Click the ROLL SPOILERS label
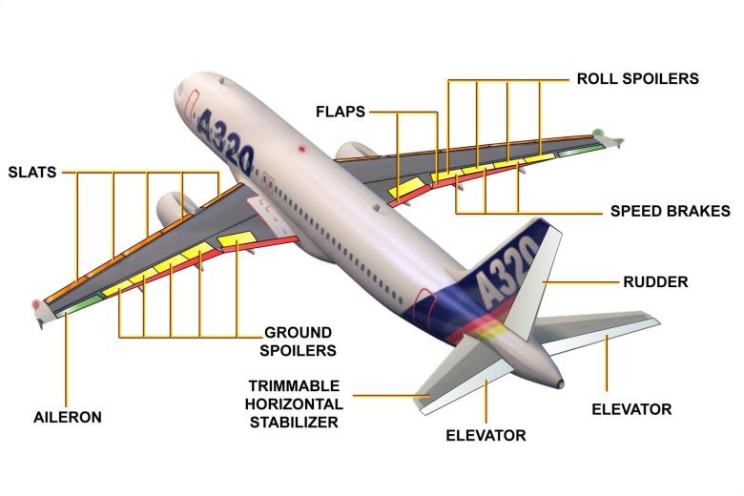point(638,79)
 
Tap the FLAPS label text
point(341,112)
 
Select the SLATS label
point(32,173)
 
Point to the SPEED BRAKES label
point(670,211)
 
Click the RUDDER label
point(655,282)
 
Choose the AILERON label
point(68,417)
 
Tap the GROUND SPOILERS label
point(298,341)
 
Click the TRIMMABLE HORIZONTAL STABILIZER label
point(294,403)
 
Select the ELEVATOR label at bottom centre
point(486,436)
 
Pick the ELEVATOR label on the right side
point(631,409)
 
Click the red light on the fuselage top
point(301,149)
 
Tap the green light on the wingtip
point(598,132)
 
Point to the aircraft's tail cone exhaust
point(560,383)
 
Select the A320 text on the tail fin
point(506,271)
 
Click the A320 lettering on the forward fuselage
point(224,140)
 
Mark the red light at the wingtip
point(36,304)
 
